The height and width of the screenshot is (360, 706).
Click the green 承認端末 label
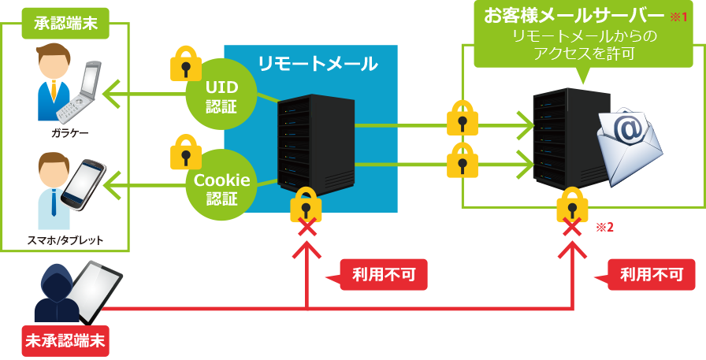66,23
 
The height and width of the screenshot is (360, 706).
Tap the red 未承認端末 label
66,341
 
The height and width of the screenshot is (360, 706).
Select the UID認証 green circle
221,95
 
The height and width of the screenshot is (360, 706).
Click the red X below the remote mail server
305,227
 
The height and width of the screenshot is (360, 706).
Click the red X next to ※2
571,228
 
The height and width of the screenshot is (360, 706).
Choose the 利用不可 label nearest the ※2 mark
651,275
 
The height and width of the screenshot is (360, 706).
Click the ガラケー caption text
70,133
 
